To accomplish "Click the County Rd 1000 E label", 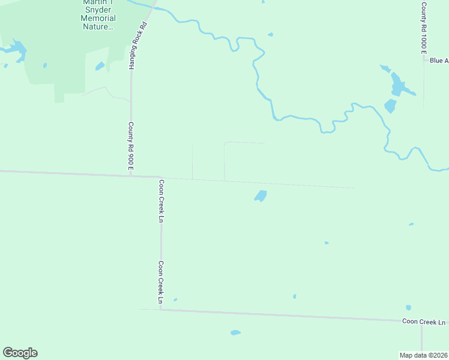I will [424, 26].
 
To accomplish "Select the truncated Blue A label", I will [439, 61].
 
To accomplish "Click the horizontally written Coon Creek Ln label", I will [424, 322].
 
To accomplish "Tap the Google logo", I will [20, 352].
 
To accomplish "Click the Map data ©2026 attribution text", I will [423, 355].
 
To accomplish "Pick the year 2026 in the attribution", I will [439, 355].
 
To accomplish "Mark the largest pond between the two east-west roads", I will [261, 196].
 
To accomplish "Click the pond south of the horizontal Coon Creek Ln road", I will [235, 332].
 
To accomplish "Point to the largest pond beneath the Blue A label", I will [397, 84].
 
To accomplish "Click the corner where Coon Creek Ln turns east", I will [161, 310].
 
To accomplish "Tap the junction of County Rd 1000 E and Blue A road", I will [424, 60].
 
